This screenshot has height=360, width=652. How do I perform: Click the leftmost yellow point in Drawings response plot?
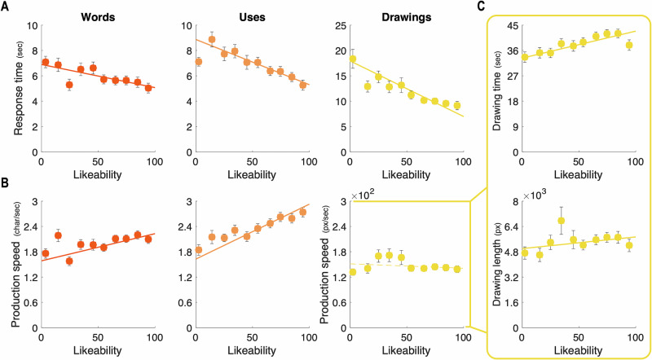pyautogui.click(x=353, y=59)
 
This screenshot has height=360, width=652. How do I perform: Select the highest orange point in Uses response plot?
pyautogui.click(x=212, y=39)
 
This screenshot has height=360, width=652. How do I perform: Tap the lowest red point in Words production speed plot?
pyautogui.click(x=69, y=261)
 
